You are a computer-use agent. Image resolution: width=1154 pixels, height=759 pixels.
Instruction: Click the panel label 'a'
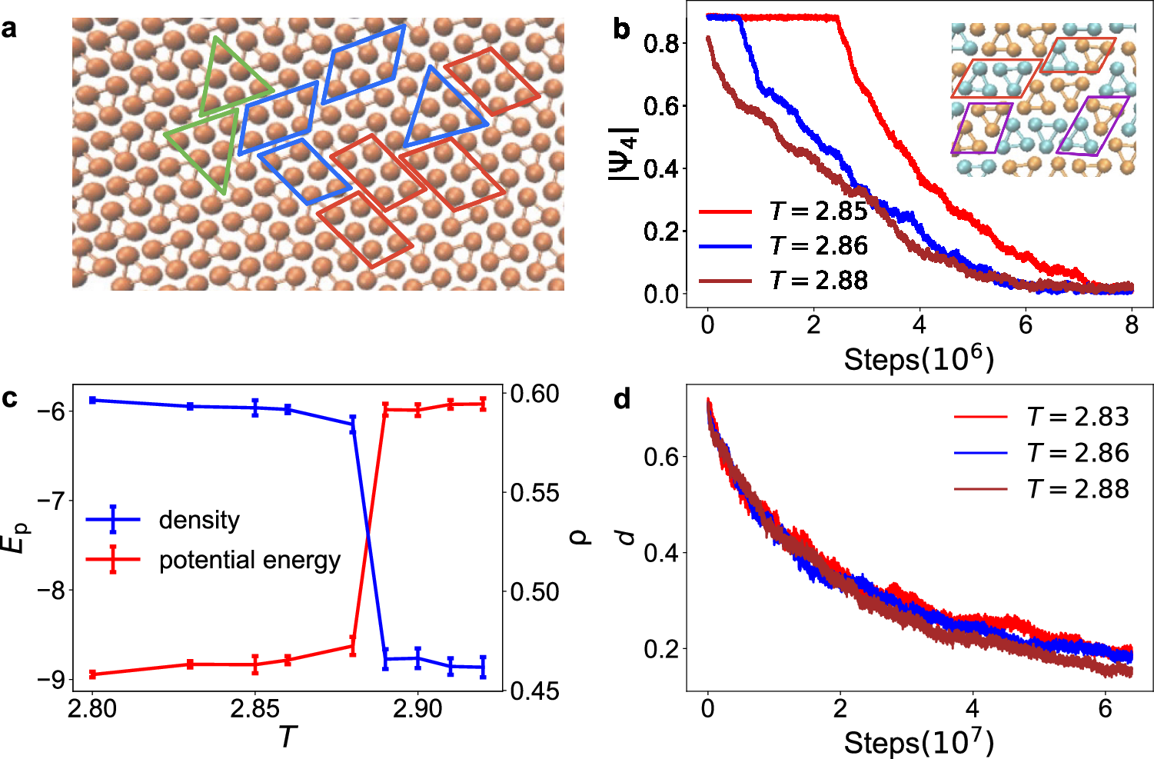[10, 29]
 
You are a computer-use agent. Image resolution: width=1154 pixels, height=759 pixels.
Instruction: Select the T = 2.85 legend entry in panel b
[819, 211]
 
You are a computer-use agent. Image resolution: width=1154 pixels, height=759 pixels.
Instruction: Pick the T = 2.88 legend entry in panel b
[819, 281]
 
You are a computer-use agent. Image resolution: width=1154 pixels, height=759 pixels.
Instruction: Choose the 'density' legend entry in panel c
[199, 521]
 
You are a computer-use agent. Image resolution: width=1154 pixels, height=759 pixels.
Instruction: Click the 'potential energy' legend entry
[249, 561]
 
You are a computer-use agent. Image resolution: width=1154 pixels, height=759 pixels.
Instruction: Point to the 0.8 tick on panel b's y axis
[660, 44]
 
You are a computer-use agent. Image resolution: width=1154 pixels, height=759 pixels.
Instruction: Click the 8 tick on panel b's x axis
[1131, 325]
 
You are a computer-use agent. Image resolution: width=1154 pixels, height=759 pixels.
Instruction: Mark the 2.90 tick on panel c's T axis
[417, 708]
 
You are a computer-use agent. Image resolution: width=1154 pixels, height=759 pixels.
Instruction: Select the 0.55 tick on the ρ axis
[535, 493]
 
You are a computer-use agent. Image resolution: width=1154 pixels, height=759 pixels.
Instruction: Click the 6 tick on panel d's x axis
[1105, 708]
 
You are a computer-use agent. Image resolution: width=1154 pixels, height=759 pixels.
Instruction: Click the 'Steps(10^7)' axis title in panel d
[919, 743]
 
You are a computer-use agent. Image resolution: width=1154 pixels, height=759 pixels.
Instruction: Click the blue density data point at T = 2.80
[92, 400]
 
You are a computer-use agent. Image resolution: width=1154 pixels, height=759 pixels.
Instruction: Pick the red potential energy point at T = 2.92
[483, 404]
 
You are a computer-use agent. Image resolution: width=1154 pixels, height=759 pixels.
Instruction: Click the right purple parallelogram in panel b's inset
[1092, 125]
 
